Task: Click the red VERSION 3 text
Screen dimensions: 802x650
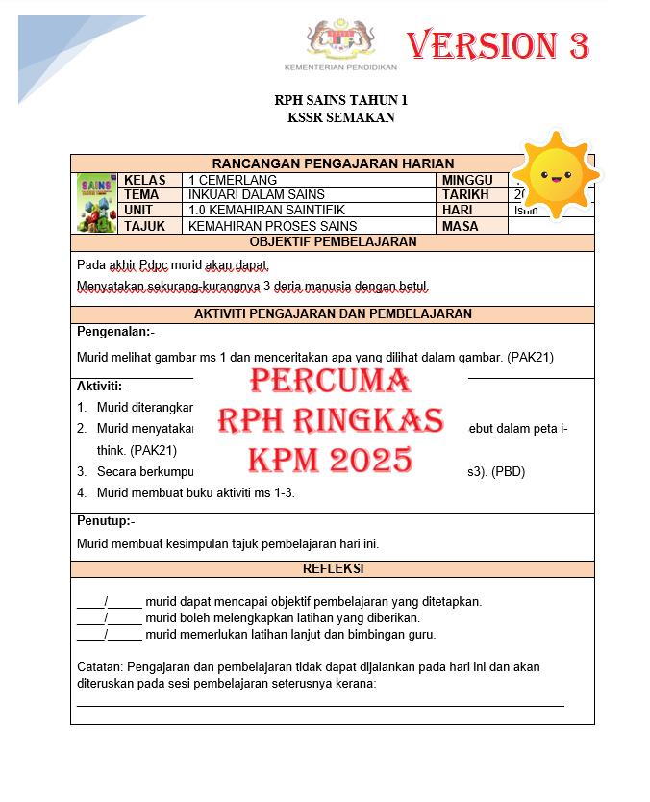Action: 497,44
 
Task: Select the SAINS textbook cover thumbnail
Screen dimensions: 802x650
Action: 95,203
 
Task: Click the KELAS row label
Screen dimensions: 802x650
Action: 145,180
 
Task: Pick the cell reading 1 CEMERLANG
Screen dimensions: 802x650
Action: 233,180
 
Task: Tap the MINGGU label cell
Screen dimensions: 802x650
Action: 467,180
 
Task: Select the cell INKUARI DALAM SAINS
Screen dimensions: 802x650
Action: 243,195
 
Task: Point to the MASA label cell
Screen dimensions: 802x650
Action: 461,226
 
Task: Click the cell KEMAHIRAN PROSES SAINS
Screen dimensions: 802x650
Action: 272,226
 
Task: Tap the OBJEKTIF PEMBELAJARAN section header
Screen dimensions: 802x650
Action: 333,241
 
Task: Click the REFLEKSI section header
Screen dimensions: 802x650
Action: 333,569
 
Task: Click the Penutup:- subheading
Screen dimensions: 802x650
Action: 106,520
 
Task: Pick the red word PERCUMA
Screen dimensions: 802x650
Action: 330,382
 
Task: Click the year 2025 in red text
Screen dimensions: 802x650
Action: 370,460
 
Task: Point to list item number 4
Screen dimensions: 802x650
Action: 84,493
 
